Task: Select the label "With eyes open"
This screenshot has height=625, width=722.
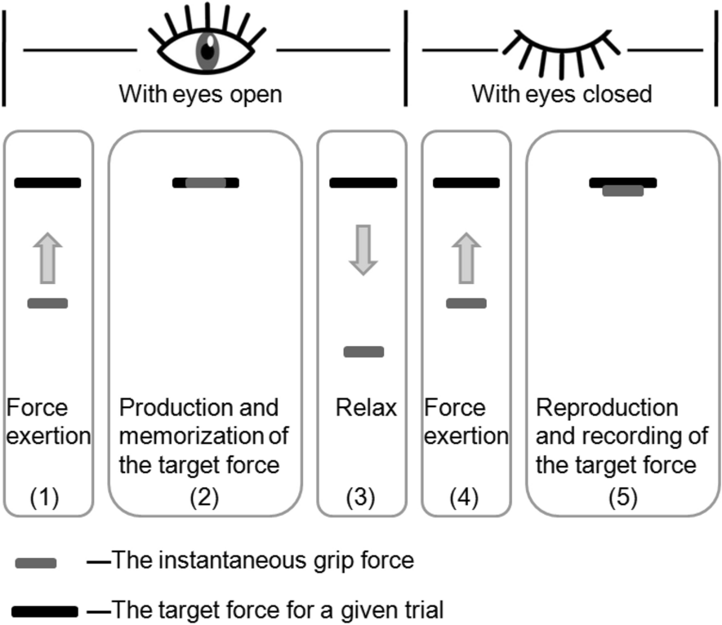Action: (200, 95)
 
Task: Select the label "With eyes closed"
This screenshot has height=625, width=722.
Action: (562, 95)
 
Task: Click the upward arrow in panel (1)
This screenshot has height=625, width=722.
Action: (48, 258)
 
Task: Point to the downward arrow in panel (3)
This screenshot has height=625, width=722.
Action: (363, 248)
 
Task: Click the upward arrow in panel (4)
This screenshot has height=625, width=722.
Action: (466, 258)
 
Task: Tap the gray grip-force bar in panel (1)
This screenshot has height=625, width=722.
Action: (48, 304)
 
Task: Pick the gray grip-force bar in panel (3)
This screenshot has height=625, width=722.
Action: (363, 352)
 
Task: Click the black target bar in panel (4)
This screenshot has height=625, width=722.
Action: (466, 183)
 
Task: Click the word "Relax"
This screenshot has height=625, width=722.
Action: (366, 407)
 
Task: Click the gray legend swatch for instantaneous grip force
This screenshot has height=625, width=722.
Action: (36, 562)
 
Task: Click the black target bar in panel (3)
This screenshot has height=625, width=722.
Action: (363, 183)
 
